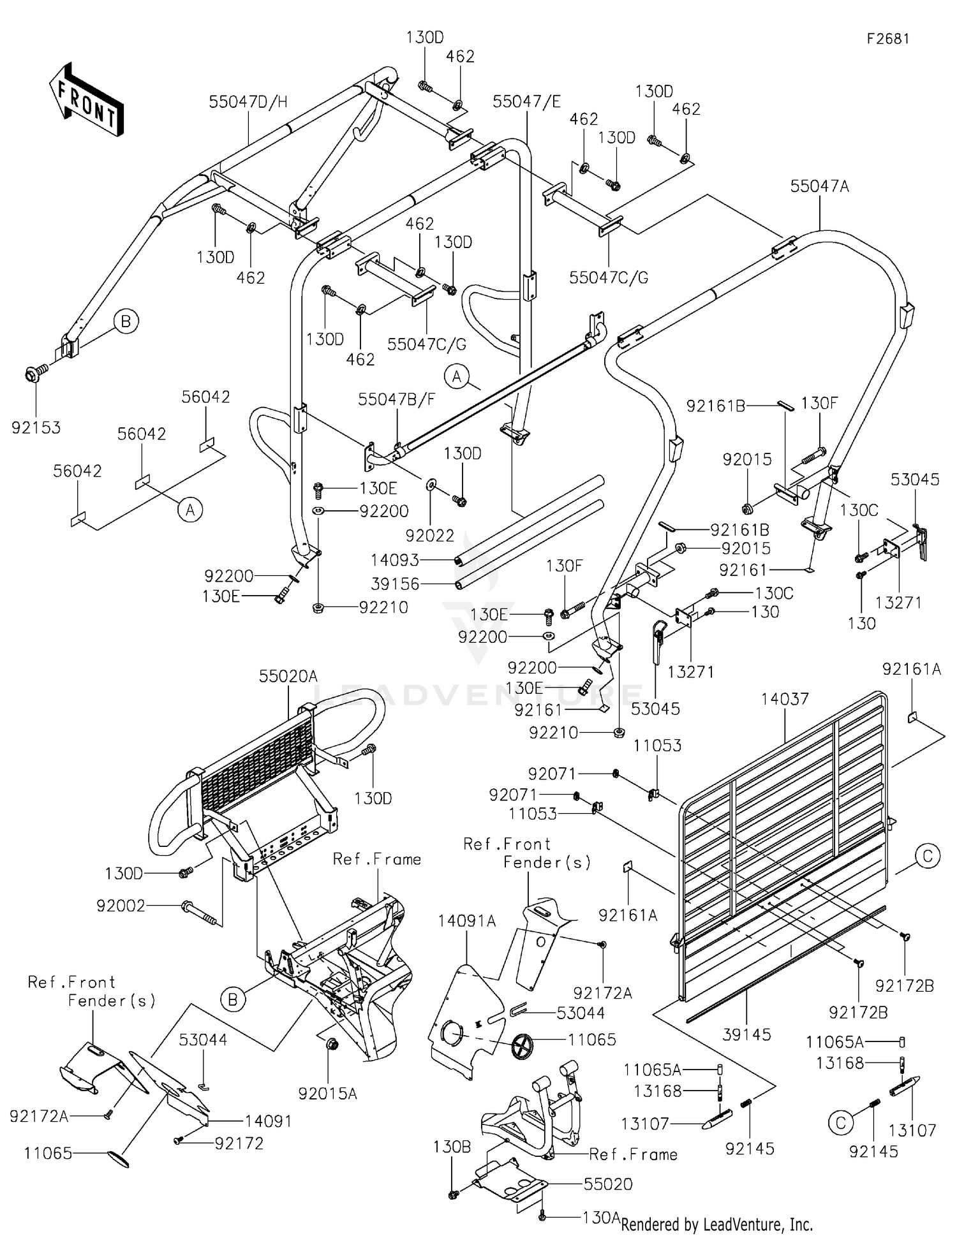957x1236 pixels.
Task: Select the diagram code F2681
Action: [x=887, y=39]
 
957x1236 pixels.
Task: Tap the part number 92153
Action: [x=36, y=427]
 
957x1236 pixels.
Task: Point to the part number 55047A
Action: [x=820, y=186]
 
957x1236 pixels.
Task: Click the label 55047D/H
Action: [x=248, y=101]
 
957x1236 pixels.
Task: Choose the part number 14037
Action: [x=785, y=699]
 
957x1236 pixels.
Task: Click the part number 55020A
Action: [x=288, y=676]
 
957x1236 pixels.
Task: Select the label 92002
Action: [x=121, y=905]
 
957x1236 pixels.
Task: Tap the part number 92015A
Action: [x=328, y=1094]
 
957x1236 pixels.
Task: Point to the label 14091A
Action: [x=467, y=921]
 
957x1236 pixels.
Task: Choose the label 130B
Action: [x=452, y=1147]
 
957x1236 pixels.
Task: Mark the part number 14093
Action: [x=395, y=560]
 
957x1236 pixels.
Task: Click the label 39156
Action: [x=395, y=584]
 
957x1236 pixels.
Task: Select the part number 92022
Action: [x=430, y=535]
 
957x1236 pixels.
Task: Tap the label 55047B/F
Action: [x=397, y=399]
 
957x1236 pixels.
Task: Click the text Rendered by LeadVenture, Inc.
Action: [x=716, y=1224]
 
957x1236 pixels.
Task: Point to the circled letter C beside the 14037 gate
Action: [x=928, y=855]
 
